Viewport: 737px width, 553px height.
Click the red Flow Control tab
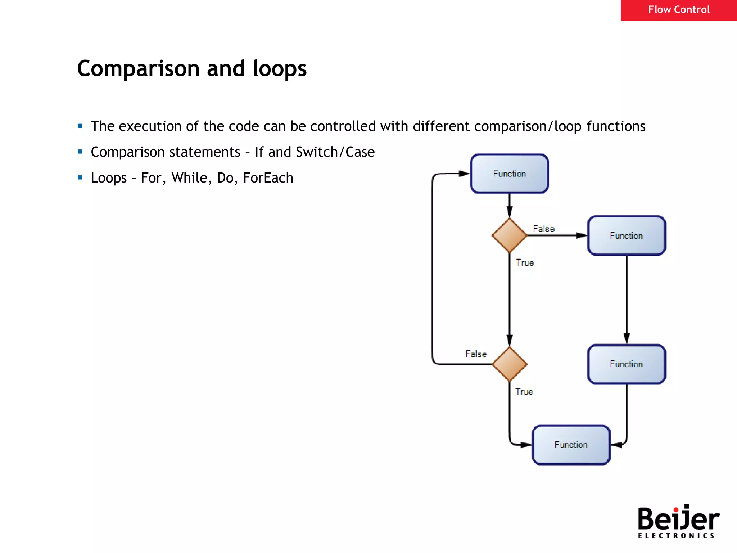[678, 10]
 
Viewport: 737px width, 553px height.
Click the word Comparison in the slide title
[139, 69]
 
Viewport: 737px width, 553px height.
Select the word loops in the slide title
[279, 69]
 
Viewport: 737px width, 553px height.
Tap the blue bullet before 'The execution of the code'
[80, 126]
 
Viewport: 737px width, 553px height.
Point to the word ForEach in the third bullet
[268, 178]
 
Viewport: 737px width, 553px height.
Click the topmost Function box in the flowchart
[509, 174]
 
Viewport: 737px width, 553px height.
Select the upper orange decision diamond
[509, 235]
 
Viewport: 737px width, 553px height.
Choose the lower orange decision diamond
[509, 364]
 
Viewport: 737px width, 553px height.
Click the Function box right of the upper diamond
[626, 235]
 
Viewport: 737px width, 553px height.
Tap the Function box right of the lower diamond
[626, 364]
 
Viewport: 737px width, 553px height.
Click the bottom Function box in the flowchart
[571, 445]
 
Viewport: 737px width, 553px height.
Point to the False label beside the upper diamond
[543, 229]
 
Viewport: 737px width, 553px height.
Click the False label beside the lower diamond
[476, 354]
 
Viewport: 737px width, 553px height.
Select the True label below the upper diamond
[525, 262]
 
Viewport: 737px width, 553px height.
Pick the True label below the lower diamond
[524, 392]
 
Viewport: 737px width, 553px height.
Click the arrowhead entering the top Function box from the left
[465, 174]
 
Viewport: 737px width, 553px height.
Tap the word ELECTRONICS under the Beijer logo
[676, 536]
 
